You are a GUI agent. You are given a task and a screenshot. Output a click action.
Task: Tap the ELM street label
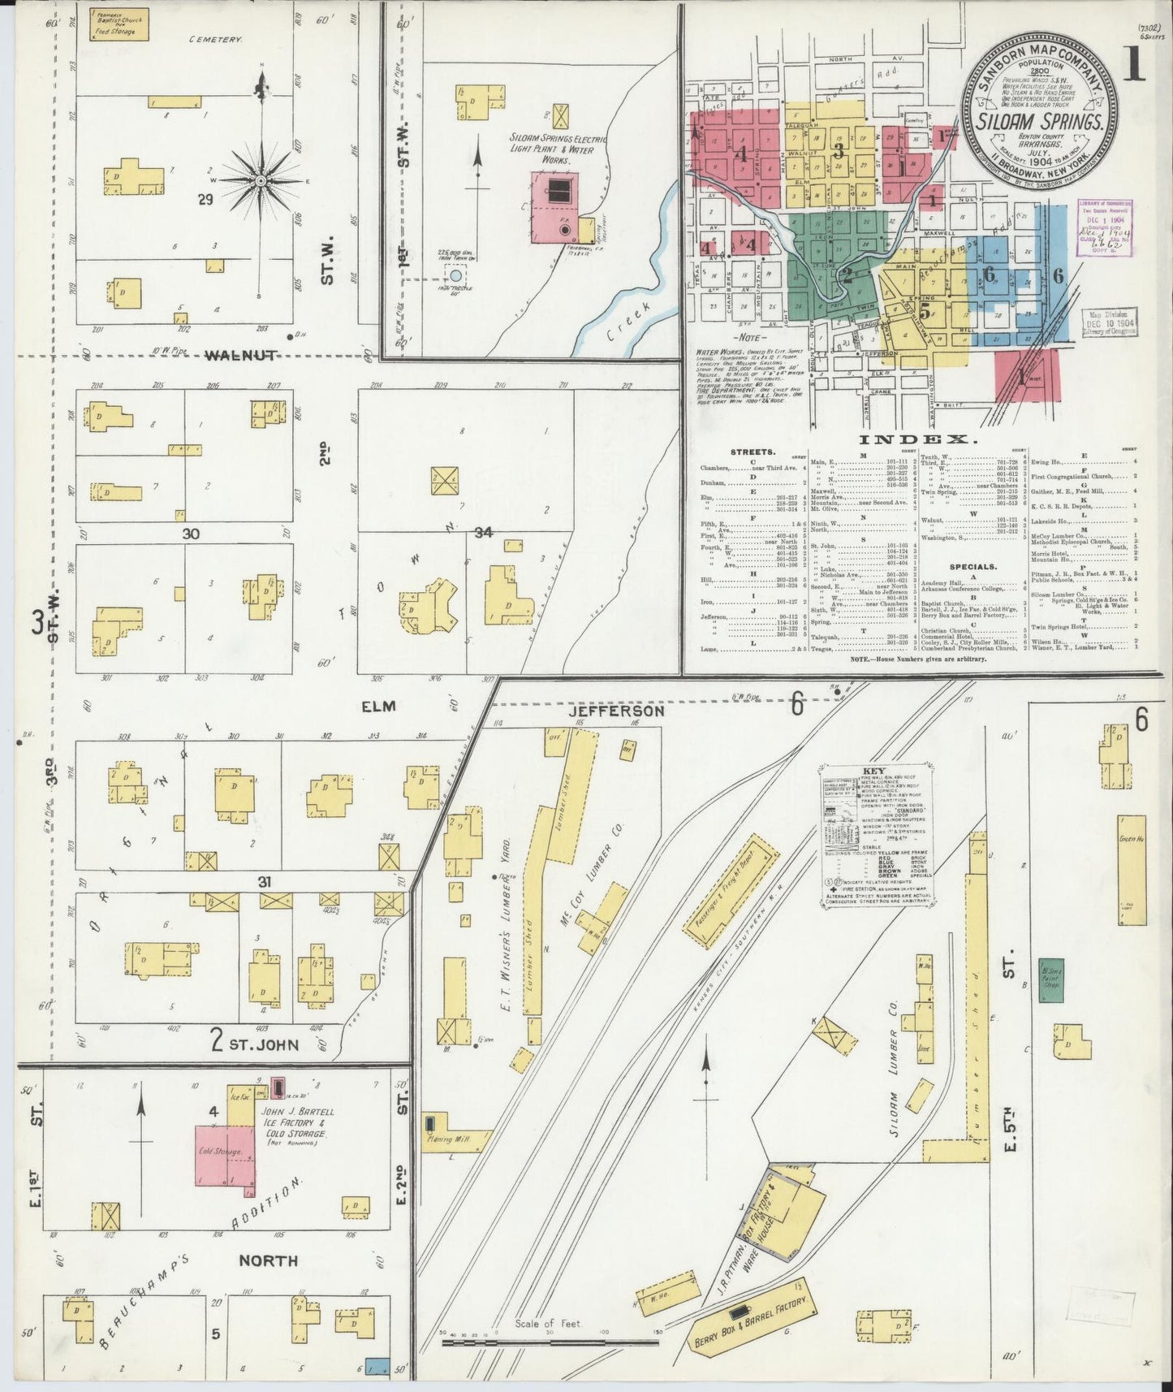click(377, 707)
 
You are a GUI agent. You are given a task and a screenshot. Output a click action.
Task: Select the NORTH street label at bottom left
click(268, 1260)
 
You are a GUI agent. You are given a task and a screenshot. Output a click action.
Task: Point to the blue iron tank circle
click(455, 276)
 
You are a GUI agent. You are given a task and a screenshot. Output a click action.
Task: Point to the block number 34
click(484, 533)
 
